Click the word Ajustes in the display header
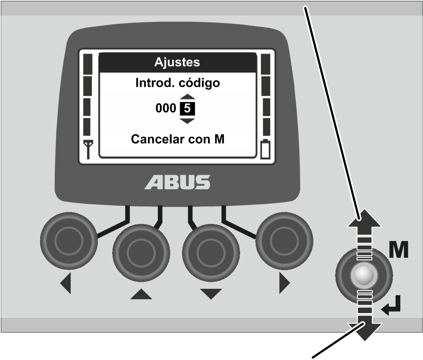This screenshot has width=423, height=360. [177, 62]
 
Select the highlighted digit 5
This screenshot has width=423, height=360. [187, 109]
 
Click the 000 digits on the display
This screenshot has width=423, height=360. [166, 108]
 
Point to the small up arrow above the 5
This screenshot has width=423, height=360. [187, 97]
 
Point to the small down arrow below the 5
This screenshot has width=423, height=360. [187, 121]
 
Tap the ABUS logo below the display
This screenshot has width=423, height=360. [177, 182]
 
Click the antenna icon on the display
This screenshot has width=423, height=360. [88, 149]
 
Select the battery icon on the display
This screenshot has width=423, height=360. [265, 149]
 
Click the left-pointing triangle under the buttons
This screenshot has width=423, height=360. [66, 283]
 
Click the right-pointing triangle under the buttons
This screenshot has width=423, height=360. [285, 283]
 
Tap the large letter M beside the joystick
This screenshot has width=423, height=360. [398, 250]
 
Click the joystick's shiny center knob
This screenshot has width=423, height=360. [364, 276]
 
